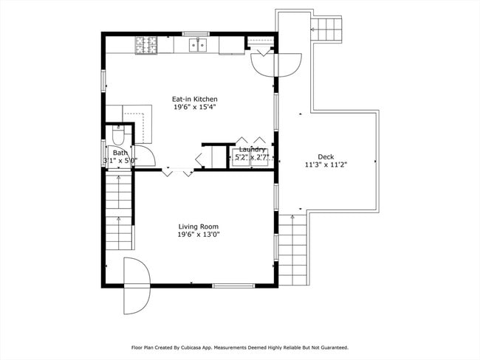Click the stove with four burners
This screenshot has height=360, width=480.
tap(145, 46)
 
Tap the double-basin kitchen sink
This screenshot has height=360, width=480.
tap(197, 46)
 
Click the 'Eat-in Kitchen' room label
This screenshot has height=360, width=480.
tap(194, 99)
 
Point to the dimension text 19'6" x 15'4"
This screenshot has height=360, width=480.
tap(194, 107)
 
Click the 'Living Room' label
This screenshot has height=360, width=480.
tap(198, 226)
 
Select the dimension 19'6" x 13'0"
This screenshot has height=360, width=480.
tap(198, 235)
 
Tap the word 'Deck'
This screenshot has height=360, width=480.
tap(325, 156)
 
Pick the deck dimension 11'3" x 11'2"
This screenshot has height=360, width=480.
tap(325, 165)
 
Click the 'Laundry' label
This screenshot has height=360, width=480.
tap(252, 149)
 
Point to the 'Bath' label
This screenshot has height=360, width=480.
tap(120, 153)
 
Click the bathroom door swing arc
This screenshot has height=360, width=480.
tap(146, 156)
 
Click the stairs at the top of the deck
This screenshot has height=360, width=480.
tap(329, 30)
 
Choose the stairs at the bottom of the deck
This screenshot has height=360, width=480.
tap(293, 249)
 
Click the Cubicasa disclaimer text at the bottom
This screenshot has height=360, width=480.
tap(239, 347)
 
